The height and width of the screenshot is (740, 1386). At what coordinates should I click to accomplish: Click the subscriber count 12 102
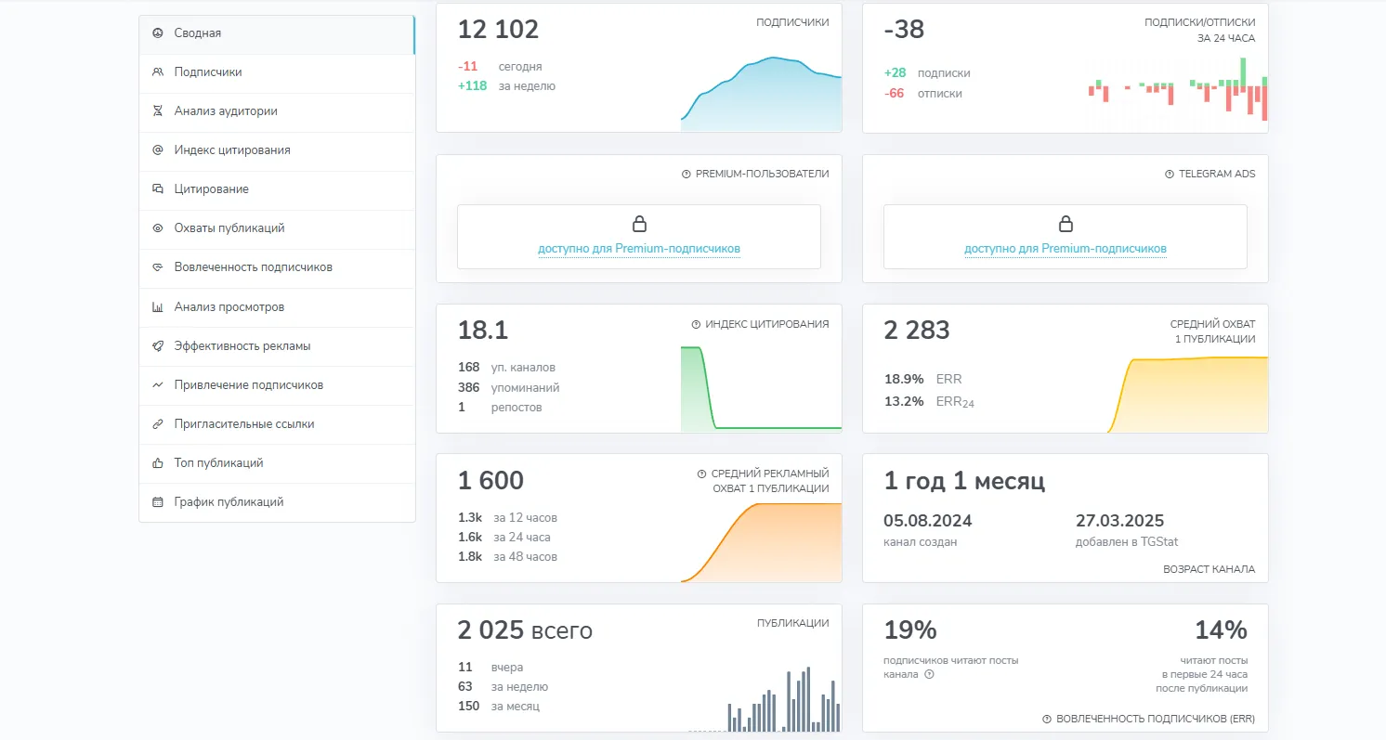pos(498,30)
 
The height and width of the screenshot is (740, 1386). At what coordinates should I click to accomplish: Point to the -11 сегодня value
pos(467,66)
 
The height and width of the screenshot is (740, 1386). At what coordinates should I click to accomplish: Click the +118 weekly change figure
pos(472,86)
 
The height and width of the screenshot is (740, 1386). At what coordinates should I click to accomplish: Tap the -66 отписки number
pos(894,94)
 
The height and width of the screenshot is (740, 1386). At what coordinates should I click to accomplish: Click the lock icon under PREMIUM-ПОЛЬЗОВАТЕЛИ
pos(639,224)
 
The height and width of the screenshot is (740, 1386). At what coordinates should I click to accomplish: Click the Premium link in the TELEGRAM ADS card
pos(1065,249)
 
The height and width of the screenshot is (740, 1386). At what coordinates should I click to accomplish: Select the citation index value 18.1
pos(483,331)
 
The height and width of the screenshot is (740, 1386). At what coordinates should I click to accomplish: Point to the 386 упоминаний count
pos(468,387)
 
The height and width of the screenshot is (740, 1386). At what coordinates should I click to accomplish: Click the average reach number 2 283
pos(916,331)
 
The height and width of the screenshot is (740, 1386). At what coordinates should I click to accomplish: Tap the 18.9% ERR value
pos(904,379)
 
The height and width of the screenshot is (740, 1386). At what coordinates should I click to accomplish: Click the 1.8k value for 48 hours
pos(470,556)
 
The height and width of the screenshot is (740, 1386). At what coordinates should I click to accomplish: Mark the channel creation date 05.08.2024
pos(927,521)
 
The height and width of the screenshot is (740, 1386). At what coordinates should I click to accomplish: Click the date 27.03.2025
pos(1119,521)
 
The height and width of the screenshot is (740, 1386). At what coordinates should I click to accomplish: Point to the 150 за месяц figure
pos(468,706)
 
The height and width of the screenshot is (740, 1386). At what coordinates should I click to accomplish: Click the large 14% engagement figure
pos(1220,630)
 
